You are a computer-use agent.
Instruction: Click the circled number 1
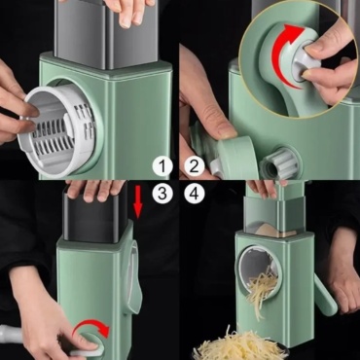click(x=162, y=166)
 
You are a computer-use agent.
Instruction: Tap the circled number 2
click(x=194, y=166)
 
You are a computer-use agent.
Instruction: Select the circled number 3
click(x=162, y=194)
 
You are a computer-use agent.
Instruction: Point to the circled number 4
click(x=194, y=194)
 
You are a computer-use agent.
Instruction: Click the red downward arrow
click(x=138, y=202)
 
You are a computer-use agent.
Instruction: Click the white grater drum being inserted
click(x=58, y=129)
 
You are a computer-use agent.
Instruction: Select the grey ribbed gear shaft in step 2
click(x=279, y=162)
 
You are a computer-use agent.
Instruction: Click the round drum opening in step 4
click(x=260, y=270)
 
